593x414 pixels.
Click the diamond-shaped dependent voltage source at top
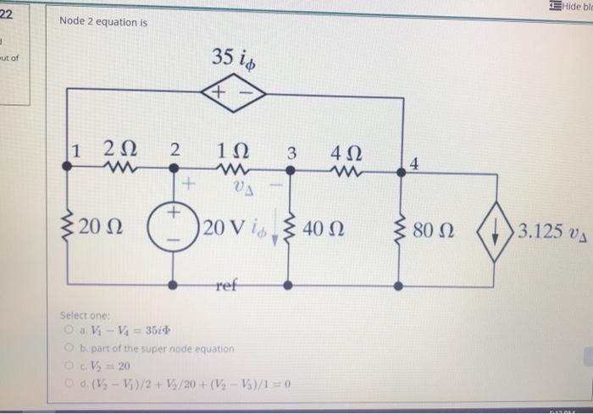point(234,99)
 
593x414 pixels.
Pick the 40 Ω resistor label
point(325,229)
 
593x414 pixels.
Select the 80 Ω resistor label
point(435,229)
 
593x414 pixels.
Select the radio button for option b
point(65,347)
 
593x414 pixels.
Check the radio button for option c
point(65,364)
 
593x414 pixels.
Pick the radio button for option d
point(65,382)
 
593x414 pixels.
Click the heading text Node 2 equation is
point(103,22)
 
